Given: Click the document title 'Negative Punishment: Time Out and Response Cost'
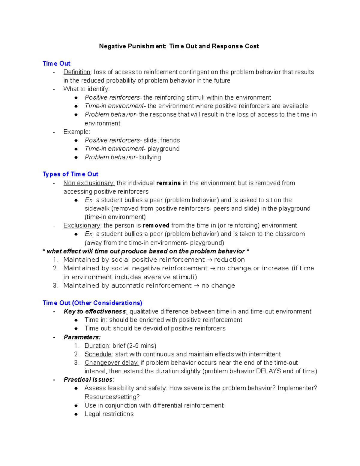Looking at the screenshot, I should coord(179,46).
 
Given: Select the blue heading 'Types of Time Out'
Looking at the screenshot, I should coord(70,174).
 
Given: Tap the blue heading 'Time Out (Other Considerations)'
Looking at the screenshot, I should coord(92,303).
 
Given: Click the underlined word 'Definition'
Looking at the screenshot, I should coord(77,72).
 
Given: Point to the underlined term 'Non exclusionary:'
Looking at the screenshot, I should coord(89,183).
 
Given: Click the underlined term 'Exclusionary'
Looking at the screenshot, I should coord(82,225).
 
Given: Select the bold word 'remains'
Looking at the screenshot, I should coord(168,183).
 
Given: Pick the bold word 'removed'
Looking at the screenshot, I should coord(156,225).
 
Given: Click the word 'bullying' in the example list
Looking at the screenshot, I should coord(150,157).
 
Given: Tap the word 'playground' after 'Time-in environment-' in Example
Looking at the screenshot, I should coord(163,149).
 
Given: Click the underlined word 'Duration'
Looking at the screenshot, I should coord(97,346).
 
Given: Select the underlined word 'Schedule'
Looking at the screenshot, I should coord(98,354).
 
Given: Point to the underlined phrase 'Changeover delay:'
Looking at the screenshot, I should coord(112,363).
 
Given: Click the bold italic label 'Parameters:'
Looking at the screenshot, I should coord(82,337).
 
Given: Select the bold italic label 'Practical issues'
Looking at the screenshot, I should coord(88,380).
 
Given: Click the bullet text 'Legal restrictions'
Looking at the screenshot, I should coord(109,414).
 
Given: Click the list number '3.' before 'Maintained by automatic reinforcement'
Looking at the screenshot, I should coord(55,286).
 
